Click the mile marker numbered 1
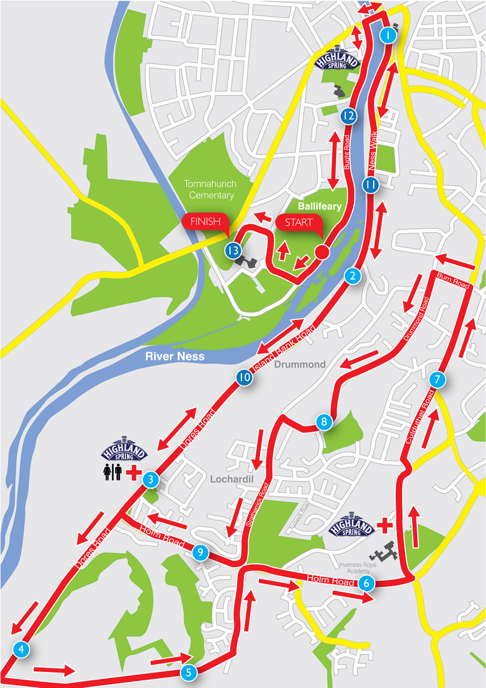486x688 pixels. click(389, 36)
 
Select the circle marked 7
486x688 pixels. click(437, 380)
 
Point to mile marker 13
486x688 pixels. click(232, 251)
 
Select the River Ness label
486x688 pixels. click(174, 356)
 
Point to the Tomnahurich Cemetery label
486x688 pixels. click(209, 189)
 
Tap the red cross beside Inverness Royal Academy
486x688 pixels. click(385, 524)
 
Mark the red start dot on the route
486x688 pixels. click(322, 252)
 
